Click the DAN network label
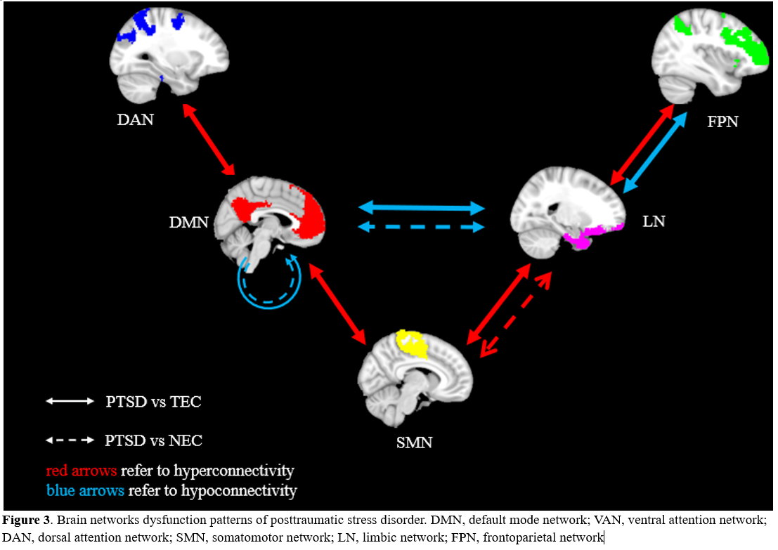pos(135,119)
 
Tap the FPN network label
pos(722,122)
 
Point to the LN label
pos(654,222)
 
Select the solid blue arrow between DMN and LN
pos(422,207)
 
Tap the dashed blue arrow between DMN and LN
pos(422,227)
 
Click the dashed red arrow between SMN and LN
pos(516,315)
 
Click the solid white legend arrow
pos(70,402)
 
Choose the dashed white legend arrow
pos(70,440)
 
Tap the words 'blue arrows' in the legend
pos(85,490)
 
